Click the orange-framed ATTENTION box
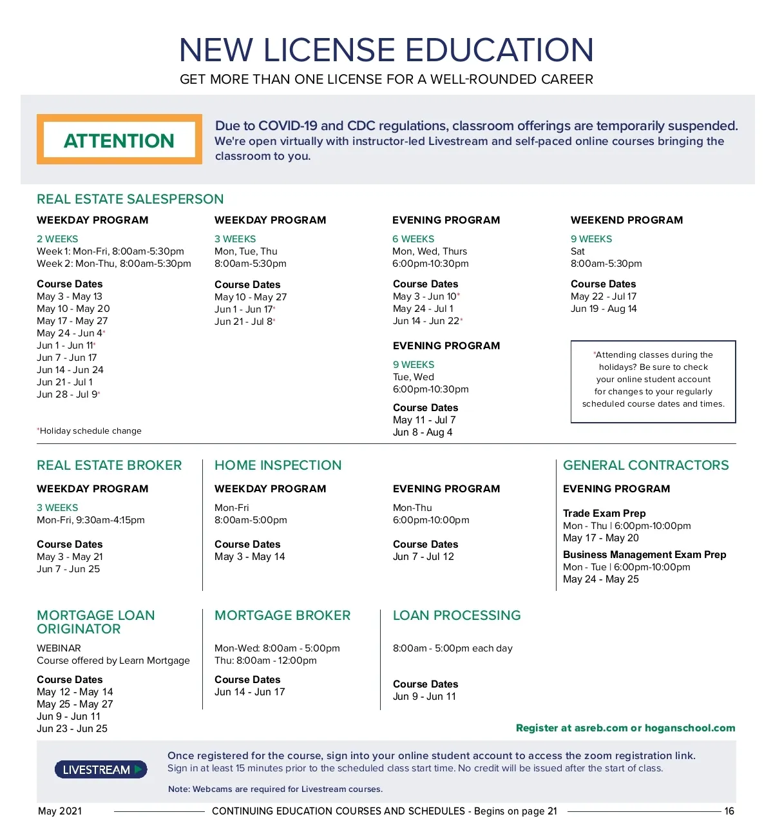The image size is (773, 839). (119, 140)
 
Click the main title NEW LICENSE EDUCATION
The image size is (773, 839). (386, 50)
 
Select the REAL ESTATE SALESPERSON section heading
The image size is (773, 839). (130, 199)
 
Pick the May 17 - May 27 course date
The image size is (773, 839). (72, 321)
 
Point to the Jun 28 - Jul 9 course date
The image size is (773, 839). (68, 394)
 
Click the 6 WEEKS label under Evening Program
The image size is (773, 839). (413, 239)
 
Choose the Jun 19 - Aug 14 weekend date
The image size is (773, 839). (604, 309)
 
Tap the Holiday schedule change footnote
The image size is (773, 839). (90, 431)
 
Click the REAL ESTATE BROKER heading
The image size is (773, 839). (110, 465)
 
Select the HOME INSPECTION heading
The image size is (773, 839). (278, 465)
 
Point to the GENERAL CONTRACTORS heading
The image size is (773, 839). (645, 465)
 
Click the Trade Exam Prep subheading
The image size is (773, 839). (604, 514)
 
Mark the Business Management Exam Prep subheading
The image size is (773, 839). (644, 555)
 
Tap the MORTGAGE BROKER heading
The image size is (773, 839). (282, 615)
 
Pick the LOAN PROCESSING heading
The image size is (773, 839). (457, 615)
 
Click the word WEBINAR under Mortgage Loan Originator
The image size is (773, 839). (59, 648)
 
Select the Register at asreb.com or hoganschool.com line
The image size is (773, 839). (625, 728)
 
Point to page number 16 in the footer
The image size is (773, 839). (729, 811)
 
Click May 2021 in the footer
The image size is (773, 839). (60, 811)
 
